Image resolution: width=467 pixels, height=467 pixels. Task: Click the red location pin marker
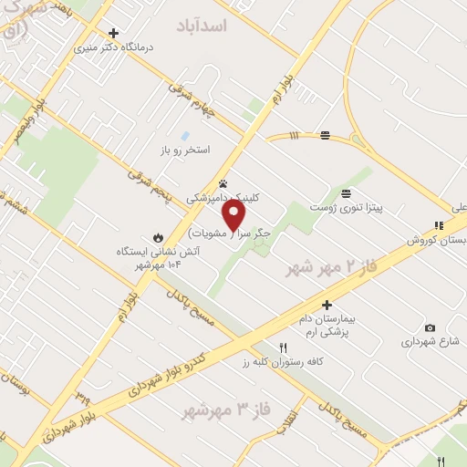pyautogui.click(x=234, y=215)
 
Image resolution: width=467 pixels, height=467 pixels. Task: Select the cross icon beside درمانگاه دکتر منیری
pyautogui.click(x=113, y=33)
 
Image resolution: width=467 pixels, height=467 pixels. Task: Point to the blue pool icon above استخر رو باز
pyautogui.click(x=186, y=135)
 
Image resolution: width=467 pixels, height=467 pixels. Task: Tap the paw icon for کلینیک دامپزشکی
pyautogui.click(x=223, y=183)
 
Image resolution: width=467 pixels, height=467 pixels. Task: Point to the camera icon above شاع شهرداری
pyautogui.click(x=430, y=328)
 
